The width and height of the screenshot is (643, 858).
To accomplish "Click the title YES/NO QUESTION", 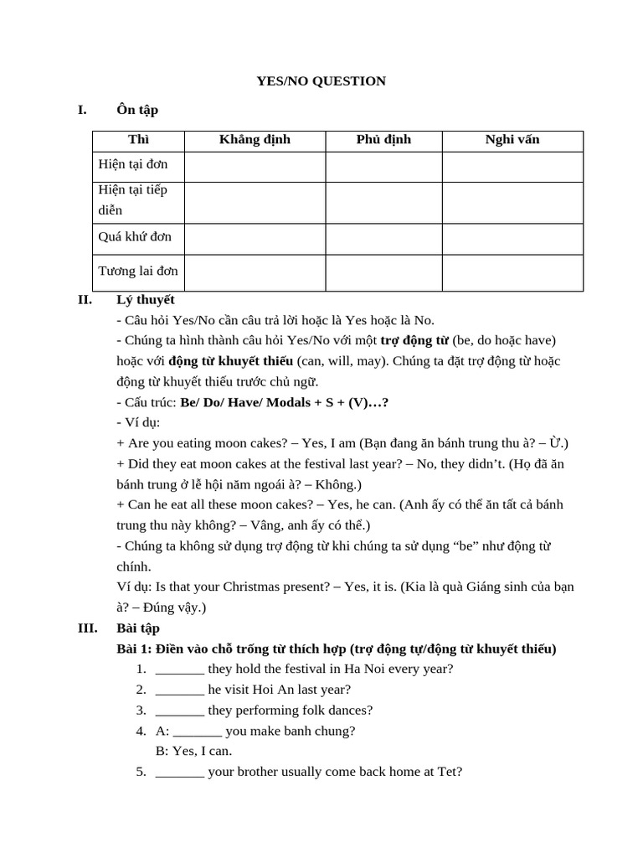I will point(321,81).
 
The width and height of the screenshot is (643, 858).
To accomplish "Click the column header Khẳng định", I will point(255,139).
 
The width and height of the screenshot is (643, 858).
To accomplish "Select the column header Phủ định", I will point(383,139).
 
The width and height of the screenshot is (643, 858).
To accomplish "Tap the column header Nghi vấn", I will point(512,139).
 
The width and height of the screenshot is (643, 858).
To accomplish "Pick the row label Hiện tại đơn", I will point(133,164).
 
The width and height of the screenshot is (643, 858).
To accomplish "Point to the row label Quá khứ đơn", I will point(135,237).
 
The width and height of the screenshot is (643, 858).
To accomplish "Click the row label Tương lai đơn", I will point(138,271).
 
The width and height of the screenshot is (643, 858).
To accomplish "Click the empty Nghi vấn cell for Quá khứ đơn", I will point(512,239).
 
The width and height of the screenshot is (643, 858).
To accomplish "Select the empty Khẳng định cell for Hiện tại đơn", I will point(255,167).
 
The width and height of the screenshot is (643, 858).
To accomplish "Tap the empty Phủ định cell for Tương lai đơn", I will point(383,273).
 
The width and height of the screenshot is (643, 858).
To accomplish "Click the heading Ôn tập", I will point(137,110).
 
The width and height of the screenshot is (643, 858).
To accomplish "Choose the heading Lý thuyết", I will point(146,299).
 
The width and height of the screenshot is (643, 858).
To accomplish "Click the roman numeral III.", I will point(87,628).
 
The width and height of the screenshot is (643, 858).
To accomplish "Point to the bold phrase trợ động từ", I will point(414,340).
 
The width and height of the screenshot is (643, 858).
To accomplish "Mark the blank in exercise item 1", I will point(180,669).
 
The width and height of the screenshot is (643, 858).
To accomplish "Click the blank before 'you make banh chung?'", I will point(198,731).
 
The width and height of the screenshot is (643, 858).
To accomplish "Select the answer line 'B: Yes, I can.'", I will point(194,751).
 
